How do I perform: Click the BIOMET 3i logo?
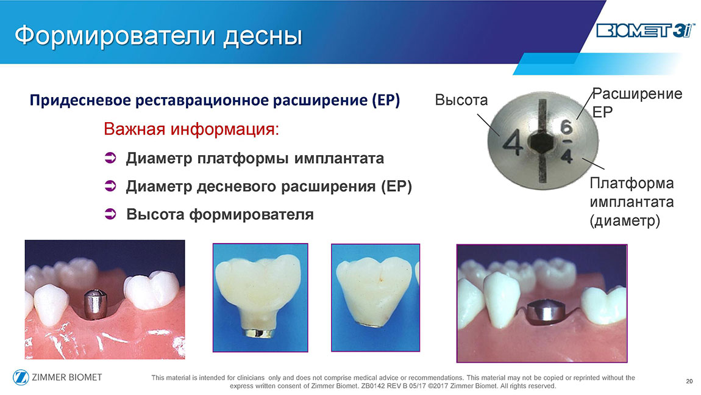pyautogui.click(x=645, y=31)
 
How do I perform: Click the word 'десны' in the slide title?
pyautogui.click(x=263, y=35)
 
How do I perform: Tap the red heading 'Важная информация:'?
pyautogui.click(x=191, y=129)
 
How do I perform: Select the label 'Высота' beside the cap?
pyautogui.click(x=461, y=100)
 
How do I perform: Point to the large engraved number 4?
pyautogui.click(x=513, y=143)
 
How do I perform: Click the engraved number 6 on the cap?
pyautogui.click(x=566, y=128)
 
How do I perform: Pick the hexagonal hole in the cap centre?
pyautogui.click(x=543, y=142)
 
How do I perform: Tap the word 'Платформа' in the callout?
pyautogui.click(x=632, y=183)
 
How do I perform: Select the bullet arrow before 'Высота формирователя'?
pyautogui.click(x=110, y=214)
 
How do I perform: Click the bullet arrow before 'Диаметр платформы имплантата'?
pyautogui.click(x=110, y=158)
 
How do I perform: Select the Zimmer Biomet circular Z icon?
pyautogui.click(x=21, y=377)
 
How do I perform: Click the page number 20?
pyautogui.click(x=689, y=381)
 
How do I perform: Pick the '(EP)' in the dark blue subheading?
pyautogui.click(x=385, y=100)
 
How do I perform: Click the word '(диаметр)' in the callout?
pyautogui.click(x=625, y=221)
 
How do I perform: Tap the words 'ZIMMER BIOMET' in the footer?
pyautogui.click(x=66, y=377)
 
